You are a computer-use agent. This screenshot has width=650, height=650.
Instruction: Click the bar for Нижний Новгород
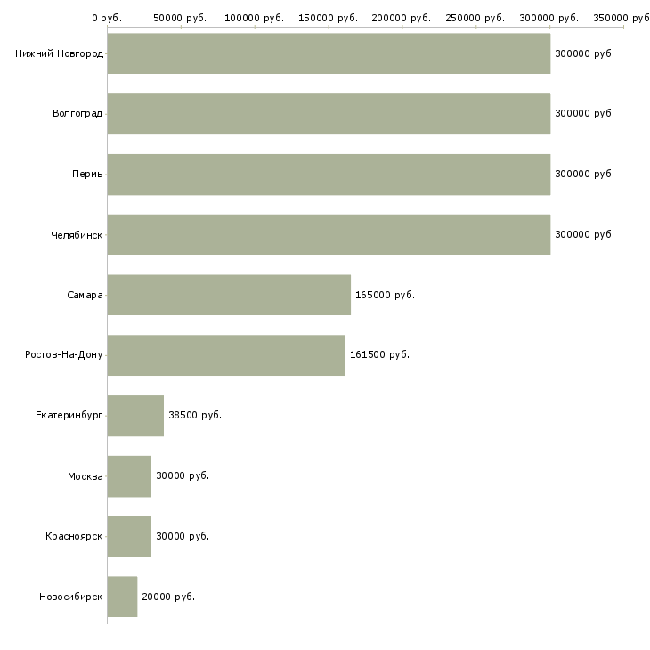329,53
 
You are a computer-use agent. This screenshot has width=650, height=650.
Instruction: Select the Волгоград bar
329,114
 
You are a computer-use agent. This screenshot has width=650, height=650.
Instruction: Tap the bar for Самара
229,295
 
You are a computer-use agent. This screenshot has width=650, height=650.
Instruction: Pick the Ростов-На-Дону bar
226,355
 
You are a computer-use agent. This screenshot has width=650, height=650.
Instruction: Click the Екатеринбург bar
135,416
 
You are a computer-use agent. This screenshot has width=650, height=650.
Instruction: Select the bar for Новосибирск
122,597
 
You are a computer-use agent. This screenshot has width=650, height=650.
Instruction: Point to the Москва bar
129,476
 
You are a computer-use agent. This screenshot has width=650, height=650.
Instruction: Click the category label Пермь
87,175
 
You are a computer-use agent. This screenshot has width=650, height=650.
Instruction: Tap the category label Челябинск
77,235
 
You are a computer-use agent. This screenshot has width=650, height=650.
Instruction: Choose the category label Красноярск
74,537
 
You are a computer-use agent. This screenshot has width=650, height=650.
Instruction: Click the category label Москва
85,476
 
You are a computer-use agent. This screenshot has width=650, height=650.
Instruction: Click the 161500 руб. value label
380,355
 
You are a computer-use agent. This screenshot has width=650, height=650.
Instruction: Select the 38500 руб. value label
195,416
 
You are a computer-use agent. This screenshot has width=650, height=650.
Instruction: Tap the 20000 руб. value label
168,597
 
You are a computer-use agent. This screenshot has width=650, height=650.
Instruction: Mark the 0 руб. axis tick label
107,18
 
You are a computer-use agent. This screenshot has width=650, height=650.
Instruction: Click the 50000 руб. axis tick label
181,18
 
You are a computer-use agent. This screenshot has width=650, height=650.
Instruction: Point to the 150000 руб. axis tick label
329,18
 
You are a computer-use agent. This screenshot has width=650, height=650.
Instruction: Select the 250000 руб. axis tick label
476,18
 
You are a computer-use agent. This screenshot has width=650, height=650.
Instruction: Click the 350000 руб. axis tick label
622,18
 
